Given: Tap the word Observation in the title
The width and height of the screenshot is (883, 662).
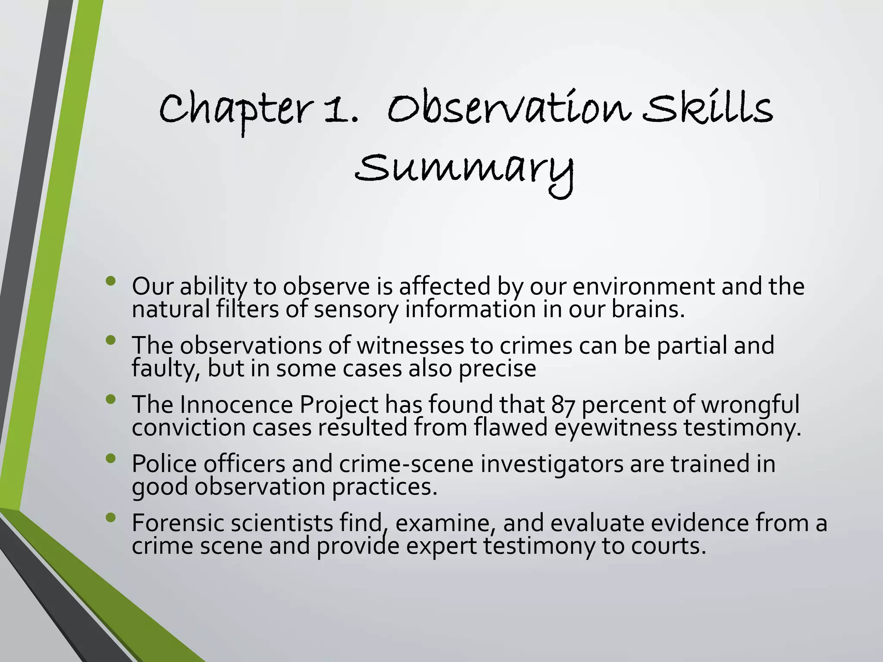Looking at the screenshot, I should (509, 108).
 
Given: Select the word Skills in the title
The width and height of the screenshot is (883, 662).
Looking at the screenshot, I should (707, 108).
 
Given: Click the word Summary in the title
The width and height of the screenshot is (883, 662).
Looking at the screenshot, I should (464, 170).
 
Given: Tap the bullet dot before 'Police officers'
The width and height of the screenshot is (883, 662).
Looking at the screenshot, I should (111, 459).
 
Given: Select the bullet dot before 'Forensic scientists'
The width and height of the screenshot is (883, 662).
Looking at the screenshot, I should (111, 518).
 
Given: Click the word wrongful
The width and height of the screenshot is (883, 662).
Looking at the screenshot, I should (750, 405).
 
